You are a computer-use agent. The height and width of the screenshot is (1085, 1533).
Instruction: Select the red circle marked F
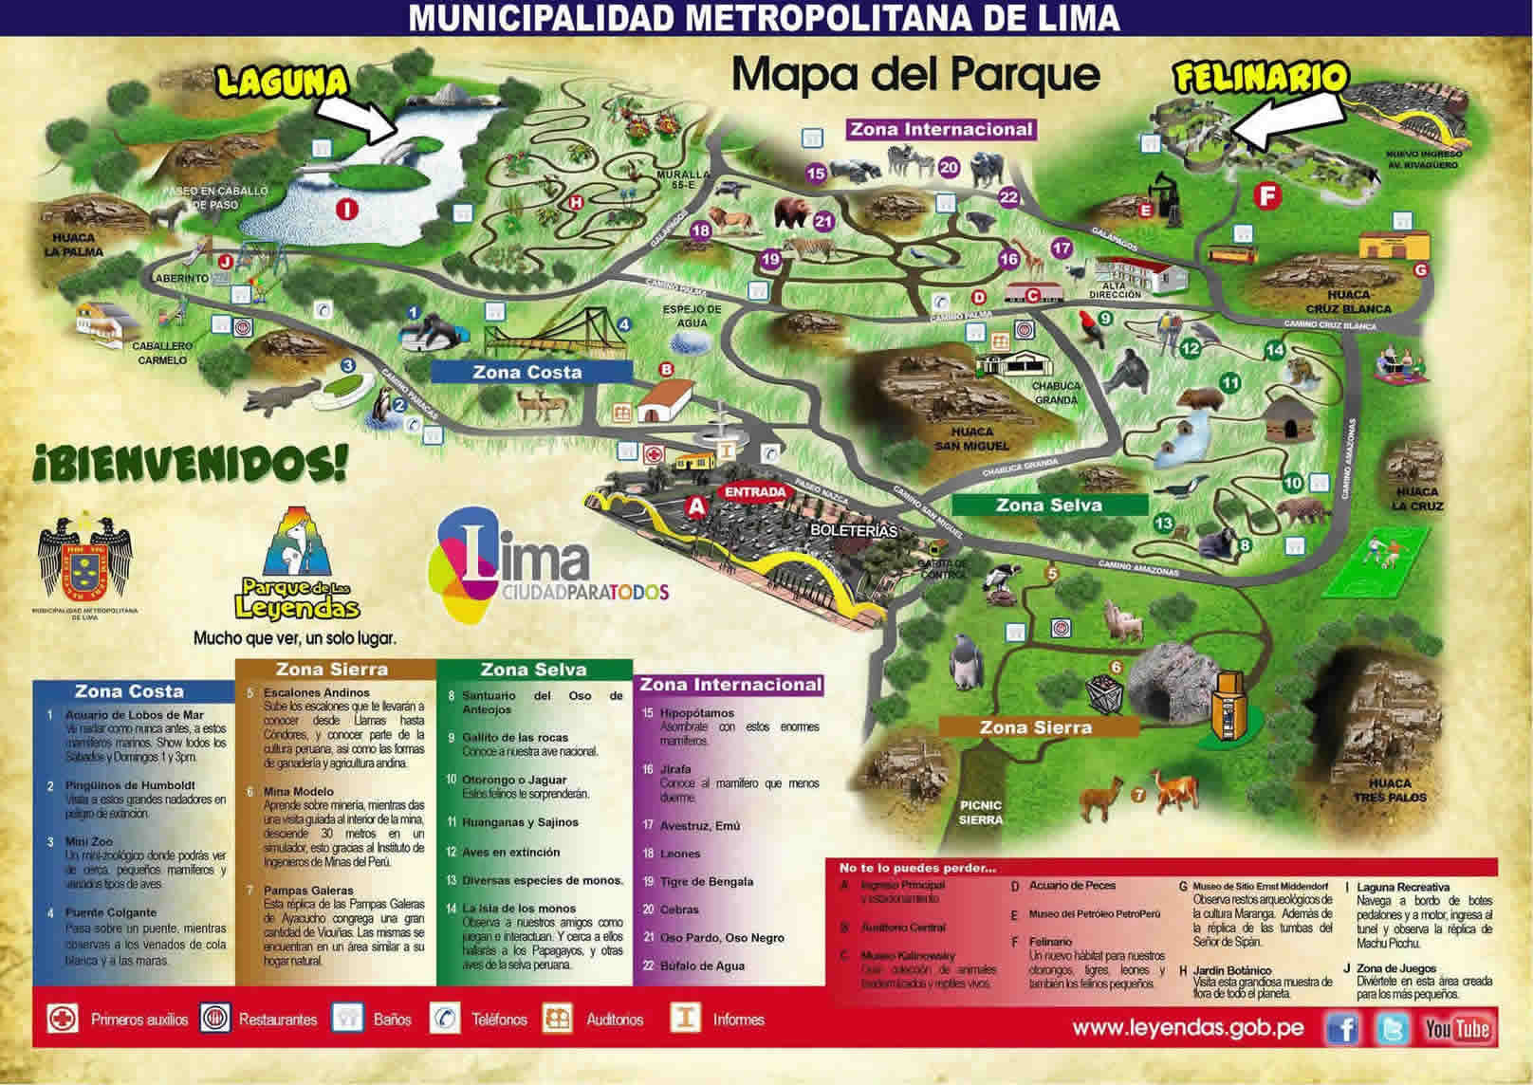(x=1265, y=196)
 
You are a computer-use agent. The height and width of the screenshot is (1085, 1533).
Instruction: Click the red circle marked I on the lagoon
(x=347, y=208)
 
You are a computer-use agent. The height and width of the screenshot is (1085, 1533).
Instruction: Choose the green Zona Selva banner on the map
(x=1048, y=505)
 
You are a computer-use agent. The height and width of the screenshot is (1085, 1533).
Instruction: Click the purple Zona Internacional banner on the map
(x=940, y=129)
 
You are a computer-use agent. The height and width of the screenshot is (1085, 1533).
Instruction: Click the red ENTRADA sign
(x=755, y=492)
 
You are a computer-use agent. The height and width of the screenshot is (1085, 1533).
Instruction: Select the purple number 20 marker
(x=949, y=168)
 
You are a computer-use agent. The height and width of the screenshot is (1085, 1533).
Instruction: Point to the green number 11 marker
(x=1230, y=383)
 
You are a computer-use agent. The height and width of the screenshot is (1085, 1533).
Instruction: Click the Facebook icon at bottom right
(x=1341, y=1028)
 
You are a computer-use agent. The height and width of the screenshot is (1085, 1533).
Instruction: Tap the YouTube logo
(x=1456, y=1028)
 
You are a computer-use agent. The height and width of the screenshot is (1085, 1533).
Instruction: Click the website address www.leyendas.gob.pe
(x=1188, y=1028)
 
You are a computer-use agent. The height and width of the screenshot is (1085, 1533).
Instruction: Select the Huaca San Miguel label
(x=972, y=438)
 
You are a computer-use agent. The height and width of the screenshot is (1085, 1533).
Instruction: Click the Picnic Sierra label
(x=980, y=812)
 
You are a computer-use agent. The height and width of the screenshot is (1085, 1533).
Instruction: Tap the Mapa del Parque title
(x=915, y=74)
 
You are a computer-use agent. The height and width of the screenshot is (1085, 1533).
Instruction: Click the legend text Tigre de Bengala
(x=707, y=881)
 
